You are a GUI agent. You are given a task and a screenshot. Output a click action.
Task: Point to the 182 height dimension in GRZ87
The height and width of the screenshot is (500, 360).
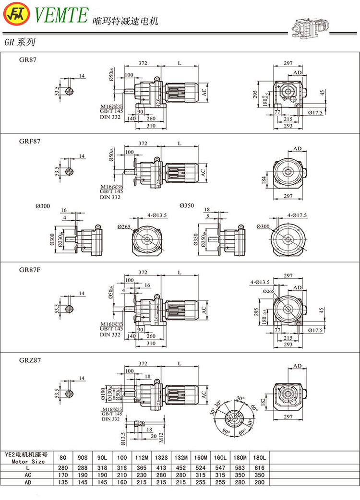point(269,400)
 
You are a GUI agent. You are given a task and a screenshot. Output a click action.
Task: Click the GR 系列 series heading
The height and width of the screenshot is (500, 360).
point(20,42)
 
